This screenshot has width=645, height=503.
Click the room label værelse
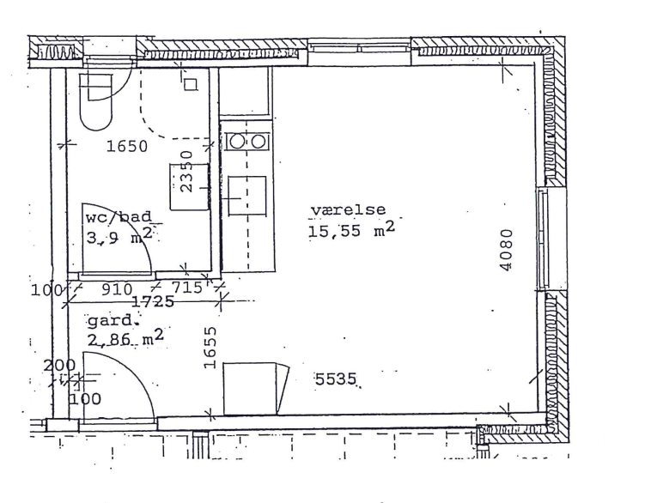[x=348, y=210]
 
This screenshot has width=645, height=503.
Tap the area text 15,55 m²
[x=351, y=230]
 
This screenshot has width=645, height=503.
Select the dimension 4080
[x=507, y=250]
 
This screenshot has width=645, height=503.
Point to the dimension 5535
[x=335, y=379]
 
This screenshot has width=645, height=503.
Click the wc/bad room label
[x=119, y=217]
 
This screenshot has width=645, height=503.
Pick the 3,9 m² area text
[x=119, y=236]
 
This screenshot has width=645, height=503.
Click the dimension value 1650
[x=127, y=146]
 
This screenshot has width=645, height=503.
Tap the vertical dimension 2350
[x=186, y=171]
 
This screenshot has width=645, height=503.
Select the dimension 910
[x=117, y=289]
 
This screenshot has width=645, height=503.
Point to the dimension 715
[x=187, y=287]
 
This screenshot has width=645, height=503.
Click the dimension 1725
[x=153, y=302]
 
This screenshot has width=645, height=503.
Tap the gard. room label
[x=111, y=321]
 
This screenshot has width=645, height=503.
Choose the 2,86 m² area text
[x=125, y=338]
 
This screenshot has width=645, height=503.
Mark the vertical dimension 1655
[x=210, y=347]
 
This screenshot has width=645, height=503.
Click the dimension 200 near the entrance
[x=59, y=365]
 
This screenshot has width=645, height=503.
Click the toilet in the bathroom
[x=96, y=101]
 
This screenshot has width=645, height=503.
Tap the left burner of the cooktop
[x=237, y=142]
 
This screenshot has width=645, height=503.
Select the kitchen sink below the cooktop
[x=247, y=196]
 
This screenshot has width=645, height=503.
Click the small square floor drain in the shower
[x=191, y=85]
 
